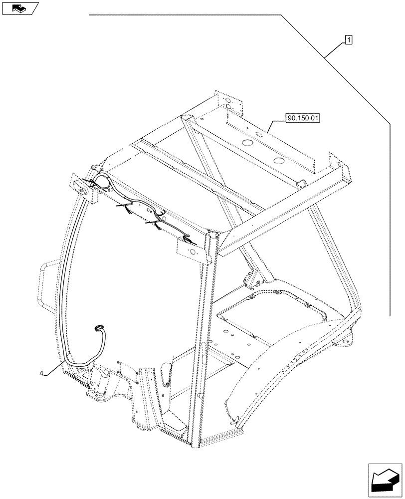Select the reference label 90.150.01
point(303,119)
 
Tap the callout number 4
point(42,373)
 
